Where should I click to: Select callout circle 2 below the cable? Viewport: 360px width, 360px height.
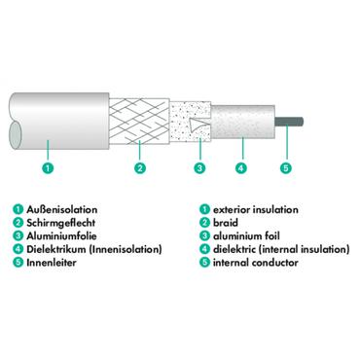(x=141, y=169)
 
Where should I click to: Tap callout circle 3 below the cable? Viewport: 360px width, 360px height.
(x=200, y=169)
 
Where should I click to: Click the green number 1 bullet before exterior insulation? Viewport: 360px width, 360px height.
(x=203, y=209)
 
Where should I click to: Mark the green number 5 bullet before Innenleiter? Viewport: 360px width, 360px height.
(x=18, y=263)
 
